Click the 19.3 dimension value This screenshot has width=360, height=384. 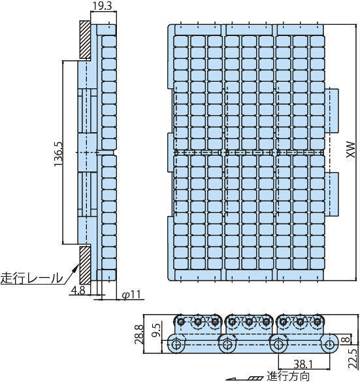point(102,6)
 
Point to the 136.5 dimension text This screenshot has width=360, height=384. point(58,154)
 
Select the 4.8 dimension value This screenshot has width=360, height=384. point(78,290)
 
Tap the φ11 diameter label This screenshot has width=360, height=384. point(131,294)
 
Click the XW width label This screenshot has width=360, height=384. point(350,149)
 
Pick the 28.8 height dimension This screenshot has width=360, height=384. point(139,334)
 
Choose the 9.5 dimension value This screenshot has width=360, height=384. point(156,330)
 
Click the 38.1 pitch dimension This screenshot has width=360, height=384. point(303,364)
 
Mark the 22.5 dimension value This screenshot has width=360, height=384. point(353,358)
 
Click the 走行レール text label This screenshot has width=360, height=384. point(31,278)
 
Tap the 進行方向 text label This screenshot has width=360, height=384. point(288,376)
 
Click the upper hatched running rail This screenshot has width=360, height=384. point(86,40)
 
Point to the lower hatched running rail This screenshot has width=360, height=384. point(86,265)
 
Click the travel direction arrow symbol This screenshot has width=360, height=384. point(244,379)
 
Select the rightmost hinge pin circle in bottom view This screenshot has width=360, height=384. point(329,344)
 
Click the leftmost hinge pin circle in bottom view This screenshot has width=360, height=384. point(176,344)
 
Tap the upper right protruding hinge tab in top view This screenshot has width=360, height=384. point(331,111)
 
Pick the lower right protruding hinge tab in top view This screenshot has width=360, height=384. point(331,194)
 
